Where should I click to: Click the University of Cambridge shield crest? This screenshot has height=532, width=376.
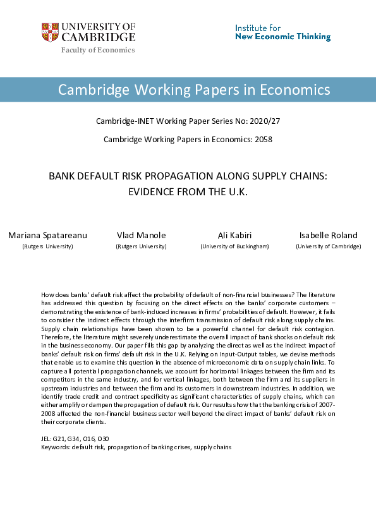49,32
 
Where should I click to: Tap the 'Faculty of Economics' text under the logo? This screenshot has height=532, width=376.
98,50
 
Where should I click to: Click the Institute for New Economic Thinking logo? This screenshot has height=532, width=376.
282,32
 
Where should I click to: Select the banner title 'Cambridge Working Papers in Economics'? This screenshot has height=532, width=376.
194,89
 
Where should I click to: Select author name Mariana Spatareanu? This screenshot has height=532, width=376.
47,235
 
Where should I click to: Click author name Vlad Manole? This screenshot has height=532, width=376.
141,235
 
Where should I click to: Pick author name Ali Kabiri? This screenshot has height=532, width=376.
234,235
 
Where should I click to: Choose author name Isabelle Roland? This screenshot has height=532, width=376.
329,235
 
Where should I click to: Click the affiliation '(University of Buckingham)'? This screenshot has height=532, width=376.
234,246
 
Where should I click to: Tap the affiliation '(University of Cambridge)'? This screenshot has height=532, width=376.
329,246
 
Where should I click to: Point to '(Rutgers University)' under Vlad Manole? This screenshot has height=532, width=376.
141,246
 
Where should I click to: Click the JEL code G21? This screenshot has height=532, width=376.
61,438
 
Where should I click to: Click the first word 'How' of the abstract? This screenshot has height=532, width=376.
46,295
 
